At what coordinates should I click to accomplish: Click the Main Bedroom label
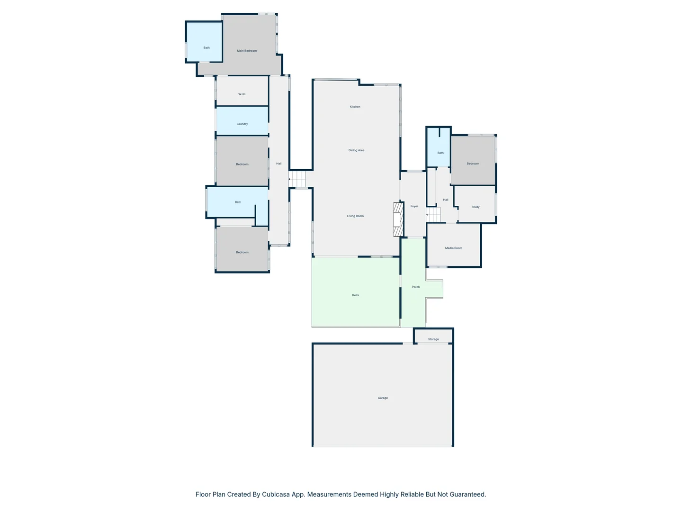247,51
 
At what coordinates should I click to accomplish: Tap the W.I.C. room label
242,94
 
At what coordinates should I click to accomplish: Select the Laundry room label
242,124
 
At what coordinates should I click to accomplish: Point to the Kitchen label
355,107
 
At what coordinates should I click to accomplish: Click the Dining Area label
356,150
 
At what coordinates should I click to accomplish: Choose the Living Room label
355,216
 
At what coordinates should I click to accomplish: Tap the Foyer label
414,206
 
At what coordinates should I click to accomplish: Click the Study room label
476,207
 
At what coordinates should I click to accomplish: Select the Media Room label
453,248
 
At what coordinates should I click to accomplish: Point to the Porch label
416,287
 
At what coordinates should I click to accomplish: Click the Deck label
355,295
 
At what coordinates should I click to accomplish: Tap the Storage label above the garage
433,339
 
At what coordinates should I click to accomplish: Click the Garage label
383,398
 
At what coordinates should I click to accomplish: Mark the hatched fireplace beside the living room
398,219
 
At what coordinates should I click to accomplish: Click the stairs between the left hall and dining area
298,179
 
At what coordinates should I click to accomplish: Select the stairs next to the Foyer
433,215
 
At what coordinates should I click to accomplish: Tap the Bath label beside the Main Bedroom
206,48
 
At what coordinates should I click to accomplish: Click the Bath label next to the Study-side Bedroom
440,153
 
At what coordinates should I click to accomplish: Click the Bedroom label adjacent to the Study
473,164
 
